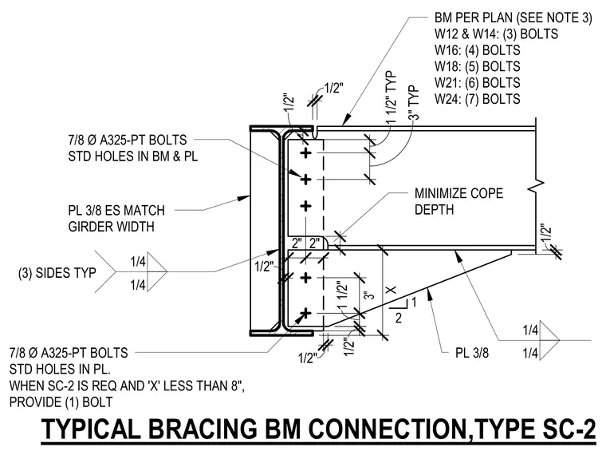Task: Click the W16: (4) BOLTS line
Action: coord(478,50)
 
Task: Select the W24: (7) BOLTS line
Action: coord(478,99)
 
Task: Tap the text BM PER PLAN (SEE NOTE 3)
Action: coord(514,18)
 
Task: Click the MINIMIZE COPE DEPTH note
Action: coord(458,201)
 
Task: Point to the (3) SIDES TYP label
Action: coord(57,273)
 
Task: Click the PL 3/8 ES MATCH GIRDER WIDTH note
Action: coord(116,218)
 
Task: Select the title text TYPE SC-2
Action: coord(537,429)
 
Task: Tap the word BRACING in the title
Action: coord(202,429)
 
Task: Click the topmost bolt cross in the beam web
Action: coord(305,153)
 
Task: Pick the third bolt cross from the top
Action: coord(305,206)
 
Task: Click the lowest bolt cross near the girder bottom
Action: coord(305,313)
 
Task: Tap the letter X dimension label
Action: coord(392,290)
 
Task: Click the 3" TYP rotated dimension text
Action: coord(414,103)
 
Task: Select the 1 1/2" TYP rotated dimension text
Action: coord(392,97)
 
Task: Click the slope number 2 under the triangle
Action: coord(399,318)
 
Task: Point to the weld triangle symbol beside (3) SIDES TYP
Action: coord(156,271)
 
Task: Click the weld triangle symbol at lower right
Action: coord(549,341)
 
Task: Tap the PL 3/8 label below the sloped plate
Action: coord(472,353)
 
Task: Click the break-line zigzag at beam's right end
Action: coord(536,185)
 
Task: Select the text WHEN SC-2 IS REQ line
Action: coord(127,386)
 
